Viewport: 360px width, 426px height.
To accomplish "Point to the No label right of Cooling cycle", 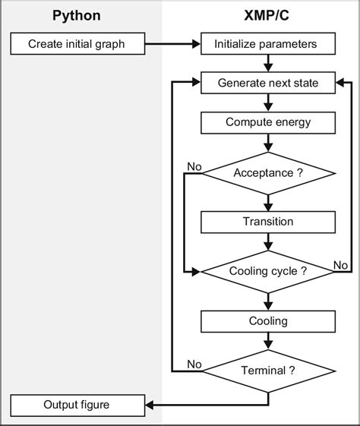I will (341, 264).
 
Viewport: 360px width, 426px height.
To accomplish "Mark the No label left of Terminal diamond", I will (194, 364).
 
